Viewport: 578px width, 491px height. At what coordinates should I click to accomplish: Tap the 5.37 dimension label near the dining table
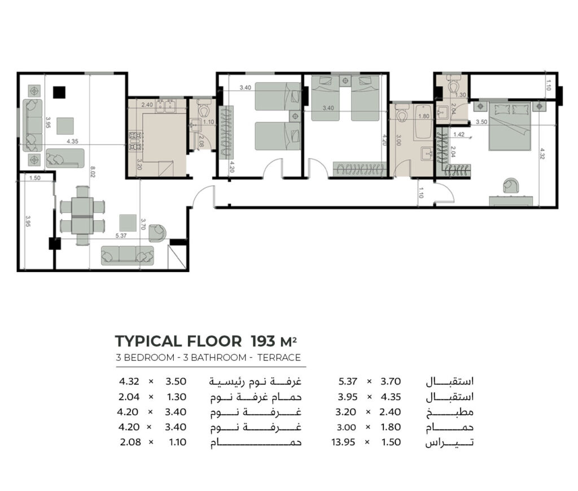pos(121,235)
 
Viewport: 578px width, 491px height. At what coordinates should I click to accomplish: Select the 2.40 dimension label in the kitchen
pos(147,104)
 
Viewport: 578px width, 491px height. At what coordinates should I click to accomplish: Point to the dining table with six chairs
pos(82,216)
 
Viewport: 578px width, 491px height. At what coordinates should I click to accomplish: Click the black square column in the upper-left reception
pos(59,93)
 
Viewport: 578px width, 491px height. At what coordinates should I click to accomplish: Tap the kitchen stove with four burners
pos(135,141)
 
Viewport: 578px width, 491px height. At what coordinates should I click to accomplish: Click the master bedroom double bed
pos(510,126)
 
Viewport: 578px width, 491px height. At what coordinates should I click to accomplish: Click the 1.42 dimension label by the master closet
pos(459,134)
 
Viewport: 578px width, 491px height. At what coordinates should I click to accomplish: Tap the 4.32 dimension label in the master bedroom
pos(542,154)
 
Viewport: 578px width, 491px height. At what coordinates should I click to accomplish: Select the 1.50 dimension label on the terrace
pos(34,178)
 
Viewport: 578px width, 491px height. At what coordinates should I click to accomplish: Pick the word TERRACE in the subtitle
pos(279,358)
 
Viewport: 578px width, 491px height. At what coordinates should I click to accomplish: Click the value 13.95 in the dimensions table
pos(343,442)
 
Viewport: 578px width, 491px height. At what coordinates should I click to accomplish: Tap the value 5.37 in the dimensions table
pos(348,382)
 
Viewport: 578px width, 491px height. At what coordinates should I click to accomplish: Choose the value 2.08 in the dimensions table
pos(130,442)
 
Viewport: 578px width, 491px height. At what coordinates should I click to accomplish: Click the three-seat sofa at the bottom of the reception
pos(128,255)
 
